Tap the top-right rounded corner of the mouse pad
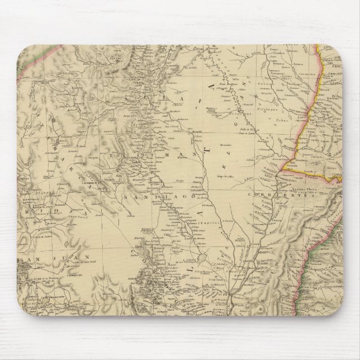click(335, 53)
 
